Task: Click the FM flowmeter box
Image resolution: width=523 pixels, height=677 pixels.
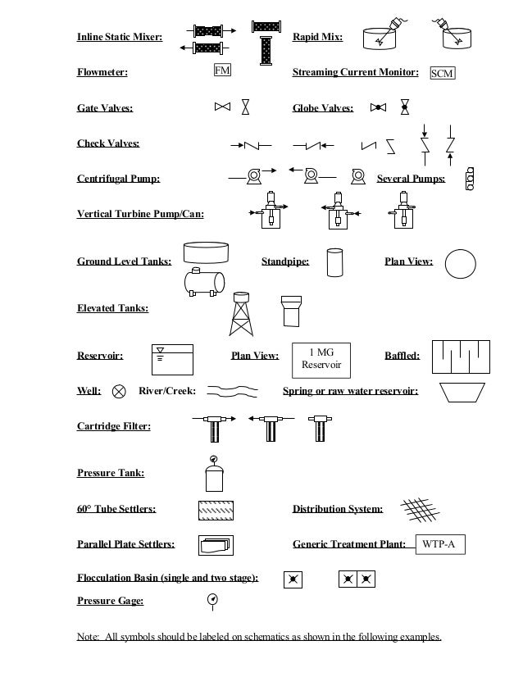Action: click(222, 71)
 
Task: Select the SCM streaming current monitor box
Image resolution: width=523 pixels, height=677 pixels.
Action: click(442, 74)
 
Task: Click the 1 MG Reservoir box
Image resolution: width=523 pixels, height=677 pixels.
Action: click(321, 357)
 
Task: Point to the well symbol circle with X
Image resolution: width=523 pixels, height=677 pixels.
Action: click(120, 391)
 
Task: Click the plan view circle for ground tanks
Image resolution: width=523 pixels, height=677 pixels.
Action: click(460, 263)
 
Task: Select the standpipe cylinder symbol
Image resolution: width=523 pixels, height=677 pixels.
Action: click(334, 262)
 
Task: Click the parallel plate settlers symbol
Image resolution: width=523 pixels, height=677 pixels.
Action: click(216, 543)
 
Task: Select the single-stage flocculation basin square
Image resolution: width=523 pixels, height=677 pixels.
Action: click(292, 579)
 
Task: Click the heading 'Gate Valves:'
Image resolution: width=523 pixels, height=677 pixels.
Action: click(105, 107)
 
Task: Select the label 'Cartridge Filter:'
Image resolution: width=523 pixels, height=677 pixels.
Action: click(114, 426)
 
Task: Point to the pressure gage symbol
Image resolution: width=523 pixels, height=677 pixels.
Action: click(213, 600)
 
